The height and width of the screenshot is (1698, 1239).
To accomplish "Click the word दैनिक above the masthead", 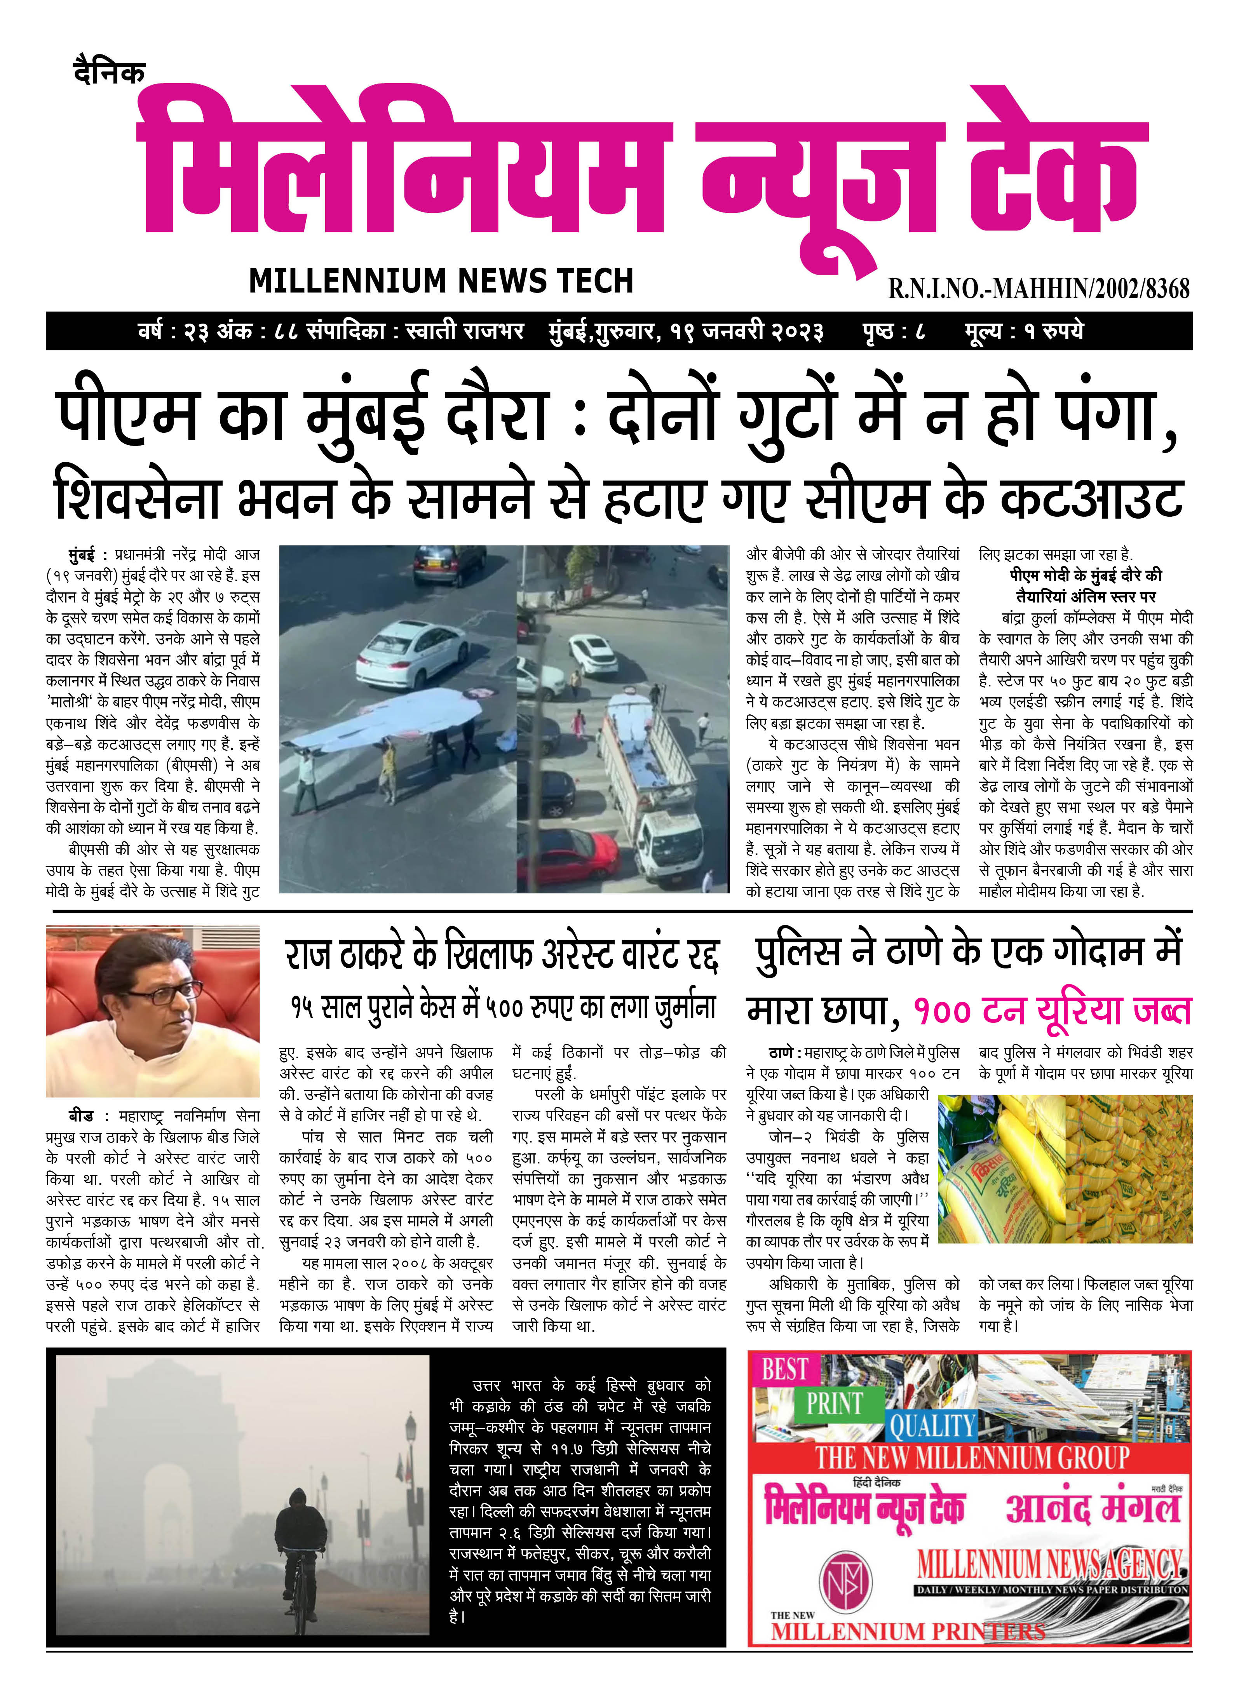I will pyautogui.click(x=109, y=73).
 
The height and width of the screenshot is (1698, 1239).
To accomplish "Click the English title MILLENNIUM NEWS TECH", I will pyautogui.click(x=441, y=280).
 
